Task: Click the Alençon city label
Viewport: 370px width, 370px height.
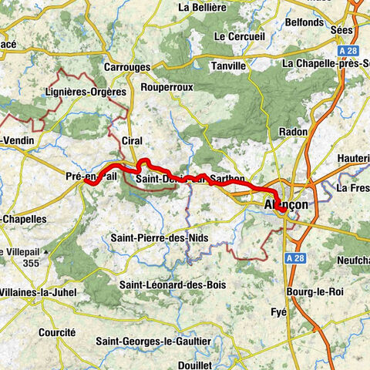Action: pyautogui.click(x=285, y=205)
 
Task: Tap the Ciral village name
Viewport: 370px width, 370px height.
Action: pyautogui.click(x=133, y=140)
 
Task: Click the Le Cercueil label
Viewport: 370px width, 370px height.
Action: pyautogui.click(x=239, y=36)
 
